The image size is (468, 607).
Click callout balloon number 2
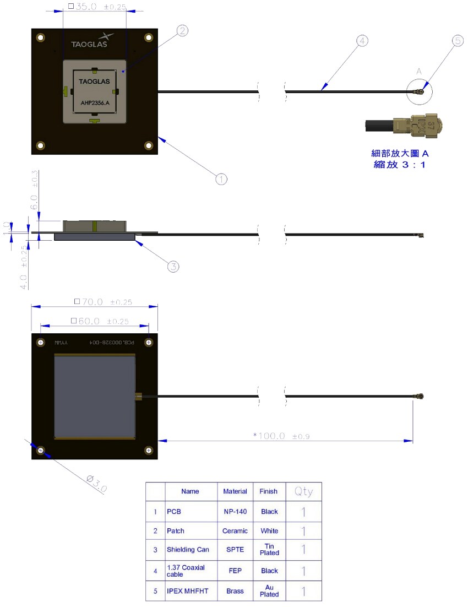pos(182,31)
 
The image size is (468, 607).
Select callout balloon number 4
pos(361,41)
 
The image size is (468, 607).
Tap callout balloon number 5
pos(458,41)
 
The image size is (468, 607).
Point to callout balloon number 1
pos(221,179)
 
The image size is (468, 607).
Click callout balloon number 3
pos(173,267)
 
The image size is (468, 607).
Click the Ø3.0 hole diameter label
pos(97,483)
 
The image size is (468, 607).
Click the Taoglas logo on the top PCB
pos(92,41)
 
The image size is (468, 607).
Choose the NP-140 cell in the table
pos(235,512)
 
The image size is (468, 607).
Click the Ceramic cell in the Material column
pos(235,531)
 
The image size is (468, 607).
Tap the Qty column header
pos(303,491)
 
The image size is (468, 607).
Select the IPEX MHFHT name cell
pos(189,591)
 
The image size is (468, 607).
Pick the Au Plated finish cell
pos(269,591)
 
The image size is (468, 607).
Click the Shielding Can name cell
pos(188,550)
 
